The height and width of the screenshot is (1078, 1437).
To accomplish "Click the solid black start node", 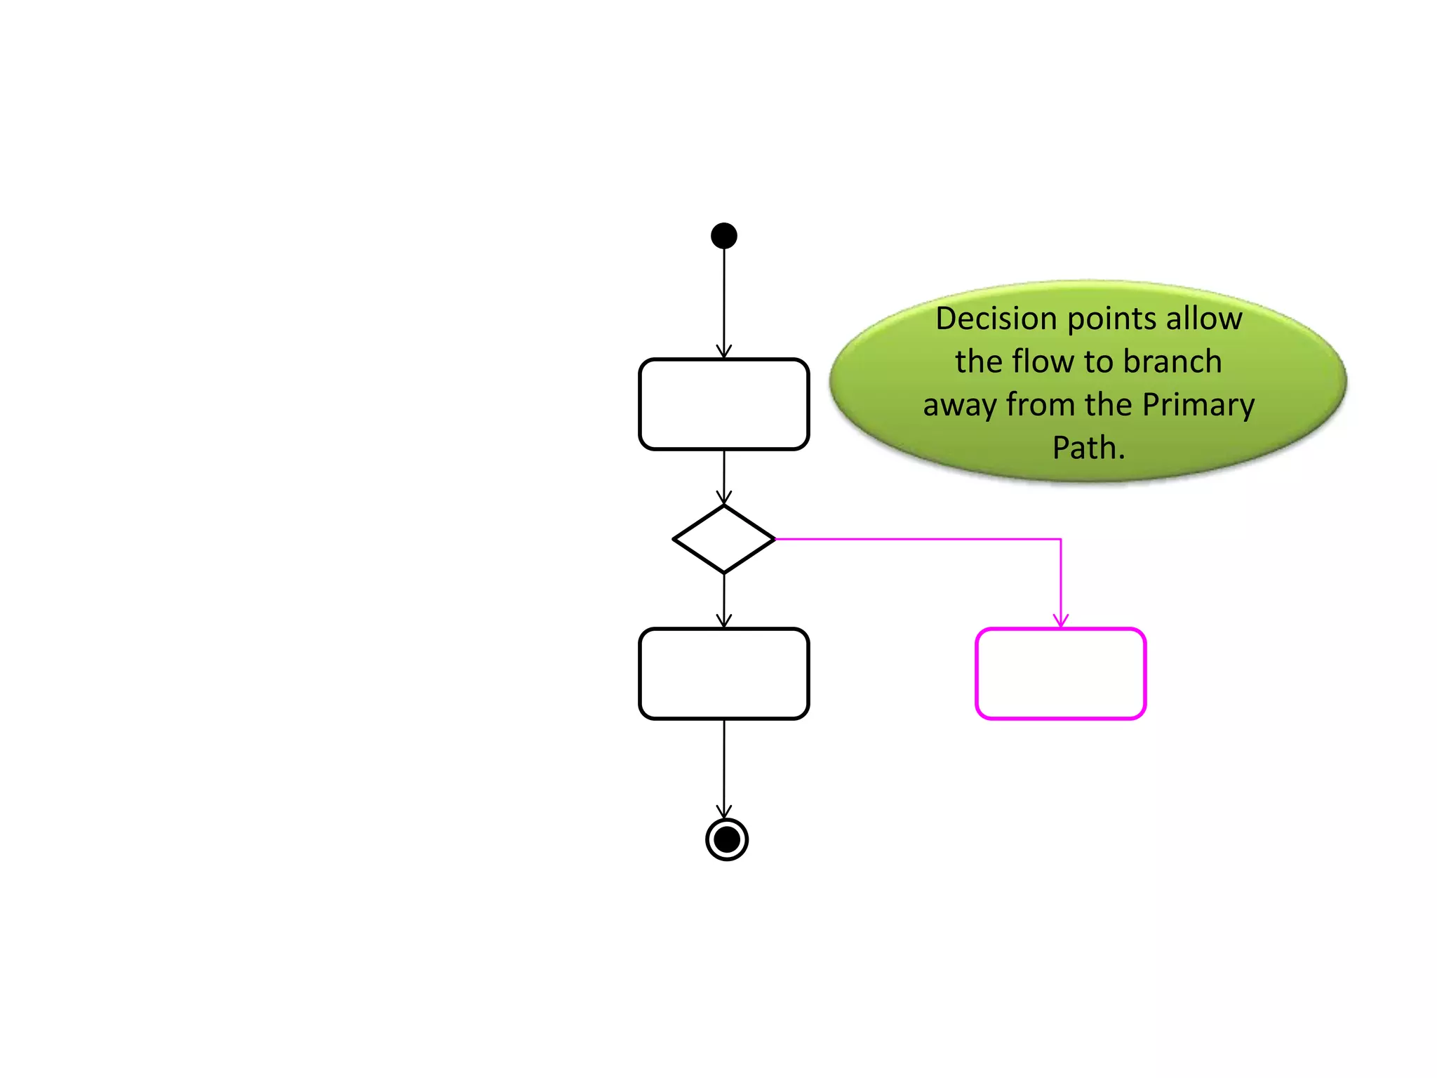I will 723,236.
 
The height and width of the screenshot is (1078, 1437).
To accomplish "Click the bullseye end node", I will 726,839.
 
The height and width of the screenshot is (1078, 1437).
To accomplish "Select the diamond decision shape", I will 723,539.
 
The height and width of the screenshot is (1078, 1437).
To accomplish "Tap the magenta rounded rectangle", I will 1060,674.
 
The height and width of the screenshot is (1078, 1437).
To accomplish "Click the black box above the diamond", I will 723,404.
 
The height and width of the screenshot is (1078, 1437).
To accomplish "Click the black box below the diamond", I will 723,674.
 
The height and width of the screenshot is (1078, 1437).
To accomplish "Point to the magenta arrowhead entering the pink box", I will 1060,621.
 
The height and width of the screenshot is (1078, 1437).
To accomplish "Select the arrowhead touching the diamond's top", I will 724,498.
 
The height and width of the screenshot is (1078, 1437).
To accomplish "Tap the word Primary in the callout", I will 1198,405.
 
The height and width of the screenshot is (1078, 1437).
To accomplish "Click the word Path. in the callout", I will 1088,448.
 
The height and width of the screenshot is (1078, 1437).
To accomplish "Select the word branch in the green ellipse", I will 1172,362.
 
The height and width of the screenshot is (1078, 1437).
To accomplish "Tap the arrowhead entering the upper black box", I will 724,352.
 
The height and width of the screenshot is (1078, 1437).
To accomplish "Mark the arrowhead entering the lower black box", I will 724,621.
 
